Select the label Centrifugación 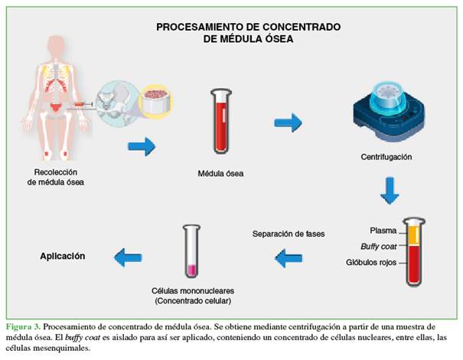click(x=386, y=157)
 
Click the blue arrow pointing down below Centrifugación click(x=390, y=191)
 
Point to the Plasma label click(x=383, y=231)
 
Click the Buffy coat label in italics click(x=379, y=247)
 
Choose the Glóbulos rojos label click(x=371, y=262)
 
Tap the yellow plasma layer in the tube click(x=414, y=235)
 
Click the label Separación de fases click(x=289, y=234)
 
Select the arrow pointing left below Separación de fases click(x=289, y=258)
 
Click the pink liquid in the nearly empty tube click(x=191, y=270)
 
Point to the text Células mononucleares click(x=193, y=291)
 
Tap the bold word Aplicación click(x=63, y=256)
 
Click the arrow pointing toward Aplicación click(x=128, y=257)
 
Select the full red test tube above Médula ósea click(x=221, y=121)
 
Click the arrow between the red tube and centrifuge click(x=288, y=123)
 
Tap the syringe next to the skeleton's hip click(x=83, y=104)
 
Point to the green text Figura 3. click(x=23, y=327)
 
